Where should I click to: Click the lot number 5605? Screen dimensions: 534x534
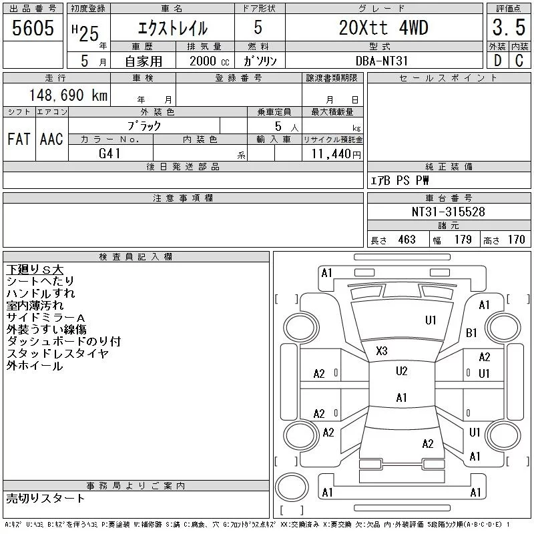32,28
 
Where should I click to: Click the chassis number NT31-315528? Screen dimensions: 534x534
448,212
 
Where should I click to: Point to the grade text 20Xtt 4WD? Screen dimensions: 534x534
383,28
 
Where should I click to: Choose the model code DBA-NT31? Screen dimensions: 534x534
383,60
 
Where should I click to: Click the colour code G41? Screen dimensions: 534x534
110,154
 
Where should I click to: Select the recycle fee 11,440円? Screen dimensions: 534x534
334,154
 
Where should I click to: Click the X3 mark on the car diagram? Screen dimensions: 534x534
382,350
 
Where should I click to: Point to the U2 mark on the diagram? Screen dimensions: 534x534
401,371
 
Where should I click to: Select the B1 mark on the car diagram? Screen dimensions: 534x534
471,332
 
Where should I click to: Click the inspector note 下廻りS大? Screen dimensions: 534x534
35,270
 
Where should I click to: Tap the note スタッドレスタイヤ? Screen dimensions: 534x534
57,354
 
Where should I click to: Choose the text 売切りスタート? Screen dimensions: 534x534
45,498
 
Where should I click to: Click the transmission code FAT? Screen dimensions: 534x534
19,139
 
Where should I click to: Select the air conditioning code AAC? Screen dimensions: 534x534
51,139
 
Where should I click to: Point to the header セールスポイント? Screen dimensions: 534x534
448,78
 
